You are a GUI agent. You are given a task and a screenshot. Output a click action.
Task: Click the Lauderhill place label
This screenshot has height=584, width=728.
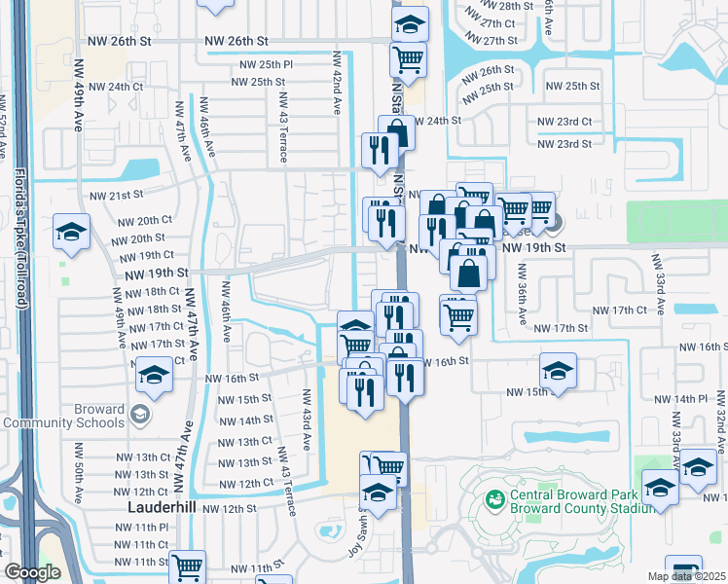pyautogui.click(x=162, y=508)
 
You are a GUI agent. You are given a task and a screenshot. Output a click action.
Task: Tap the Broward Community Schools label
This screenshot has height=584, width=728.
pyautogui.click(x=63, y=416)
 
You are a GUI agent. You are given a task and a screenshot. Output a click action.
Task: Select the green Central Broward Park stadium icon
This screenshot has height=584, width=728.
pyautogui.click(x=495, y=498)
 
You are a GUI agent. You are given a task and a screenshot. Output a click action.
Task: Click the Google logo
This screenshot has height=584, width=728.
pyautogui.click(x=32, y=572)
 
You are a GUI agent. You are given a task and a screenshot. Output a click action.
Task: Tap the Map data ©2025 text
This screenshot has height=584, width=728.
pyautogui.click(x=686, y=576)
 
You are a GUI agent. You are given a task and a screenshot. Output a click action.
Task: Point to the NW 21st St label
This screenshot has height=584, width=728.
pyautogui.click(x=116, y=196)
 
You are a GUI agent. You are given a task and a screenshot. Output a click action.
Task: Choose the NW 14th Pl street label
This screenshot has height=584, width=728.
pyautogui.click(x=680, y=399)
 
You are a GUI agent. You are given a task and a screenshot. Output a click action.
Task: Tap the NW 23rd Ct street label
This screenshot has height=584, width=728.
pyautogui.click(x=564, y=122)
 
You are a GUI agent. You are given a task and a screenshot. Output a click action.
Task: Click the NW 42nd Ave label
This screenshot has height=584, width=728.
pyautogui.click(x=337, y=83)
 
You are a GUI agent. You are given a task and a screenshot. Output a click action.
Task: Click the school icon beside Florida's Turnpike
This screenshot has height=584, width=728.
pyautogui.click(x=71, y=232)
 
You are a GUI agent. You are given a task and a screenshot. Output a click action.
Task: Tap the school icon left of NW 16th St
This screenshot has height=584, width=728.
pyautogui.click(x=153, y=374)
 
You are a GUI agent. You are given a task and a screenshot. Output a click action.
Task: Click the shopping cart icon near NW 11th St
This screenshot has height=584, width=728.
pyautogui.click(x=187, y=566)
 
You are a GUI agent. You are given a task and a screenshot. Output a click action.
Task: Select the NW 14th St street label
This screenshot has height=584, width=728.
pyautogui.click(x=245, y=420)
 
